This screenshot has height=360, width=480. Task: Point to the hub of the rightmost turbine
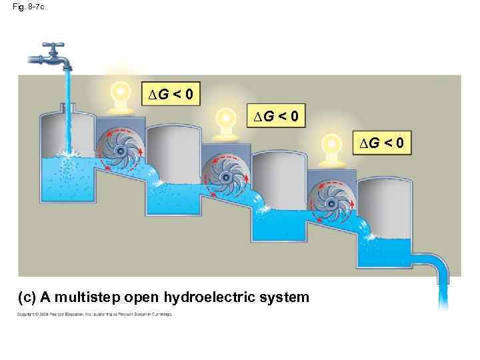coord(331,201)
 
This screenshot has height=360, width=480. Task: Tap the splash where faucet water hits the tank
coord(67,153)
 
